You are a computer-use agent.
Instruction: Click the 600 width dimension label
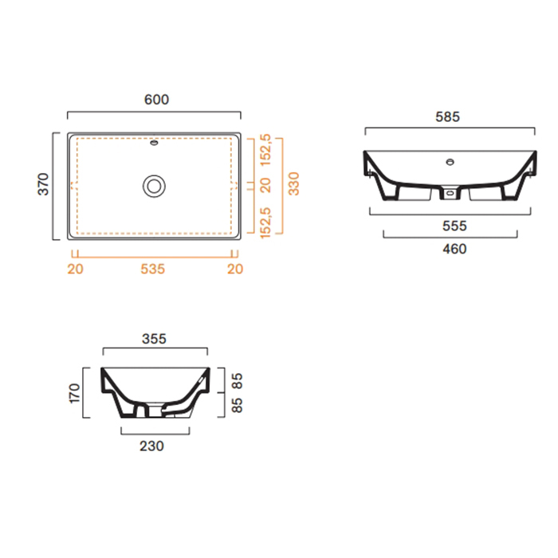pyautogui.click(x=156, y=100)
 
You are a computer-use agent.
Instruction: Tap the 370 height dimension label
pyautogui.click(x=43, y=184)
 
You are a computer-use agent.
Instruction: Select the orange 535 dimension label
pyautogui.click(x=153, y=269)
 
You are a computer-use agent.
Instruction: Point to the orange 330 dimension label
pyautogui.click(x=294, y=183)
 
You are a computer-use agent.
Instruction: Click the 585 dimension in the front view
pyautogui.click(x=448, y=116)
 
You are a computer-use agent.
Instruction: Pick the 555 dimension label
pyautogui.click(x=454, y=226)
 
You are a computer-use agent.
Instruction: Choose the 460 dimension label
pyautogui.click(x=454, y=249)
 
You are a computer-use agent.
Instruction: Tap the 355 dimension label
pyautogui.click(x=154, y=339)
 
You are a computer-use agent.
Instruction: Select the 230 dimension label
pyautogui.click(x=151, y=446)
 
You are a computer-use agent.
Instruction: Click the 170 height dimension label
pyautogui.click(x=74, y=393)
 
